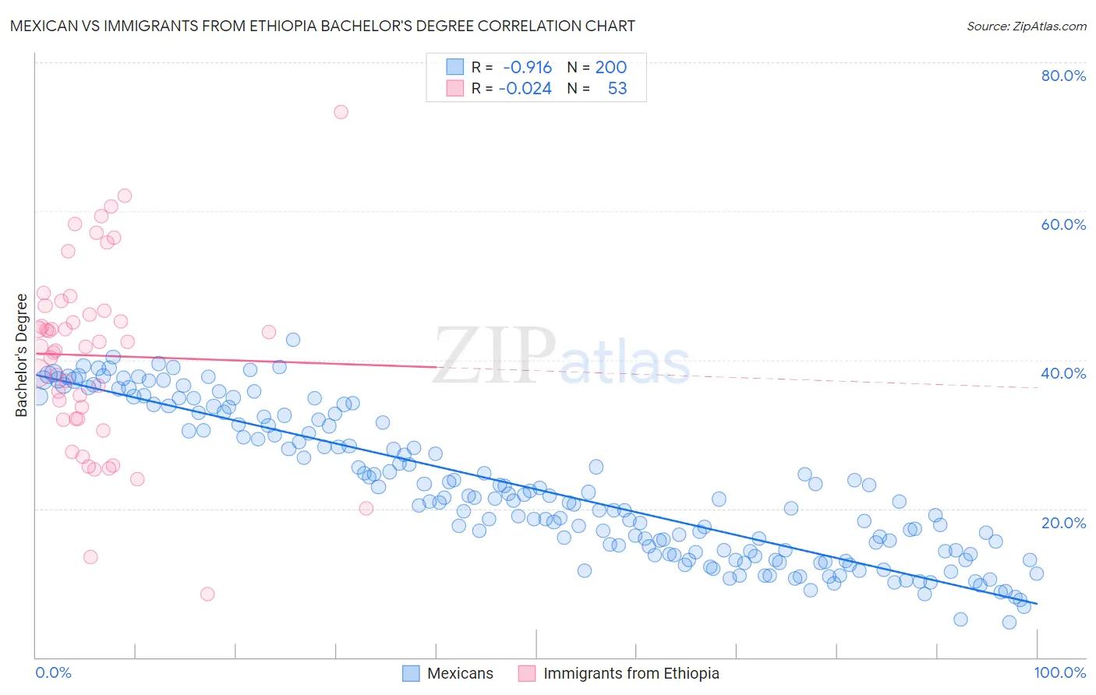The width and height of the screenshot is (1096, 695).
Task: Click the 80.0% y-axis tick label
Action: (1063, 76)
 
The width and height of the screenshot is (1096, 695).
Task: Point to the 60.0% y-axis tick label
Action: (1063, 224)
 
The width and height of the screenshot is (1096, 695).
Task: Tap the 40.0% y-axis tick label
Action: (1063, 373)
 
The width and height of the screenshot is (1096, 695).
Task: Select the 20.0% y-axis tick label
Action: (1063, 522)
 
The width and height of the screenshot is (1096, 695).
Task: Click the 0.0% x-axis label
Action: (54, 672)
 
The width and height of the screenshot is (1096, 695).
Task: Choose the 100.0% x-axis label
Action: (1059, 672)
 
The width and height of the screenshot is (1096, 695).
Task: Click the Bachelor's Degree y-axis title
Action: (22, 355)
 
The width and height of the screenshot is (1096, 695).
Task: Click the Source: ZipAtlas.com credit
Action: (1026, 26)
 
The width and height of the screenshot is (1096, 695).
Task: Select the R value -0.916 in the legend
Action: (528, 68)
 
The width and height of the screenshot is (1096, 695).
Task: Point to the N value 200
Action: (611, 68)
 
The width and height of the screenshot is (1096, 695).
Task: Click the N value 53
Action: (617, 89)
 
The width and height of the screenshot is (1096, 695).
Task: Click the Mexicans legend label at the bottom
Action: (460, 673)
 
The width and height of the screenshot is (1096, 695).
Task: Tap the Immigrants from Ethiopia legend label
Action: (631, 673)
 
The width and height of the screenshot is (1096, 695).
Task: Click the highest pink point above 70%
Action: (341, 111)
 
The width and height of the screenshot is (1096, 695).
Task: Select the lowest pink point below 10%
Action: (207, 594)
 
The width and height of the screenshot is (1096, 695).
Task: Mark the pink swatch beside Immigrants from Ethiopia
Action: (527, 673)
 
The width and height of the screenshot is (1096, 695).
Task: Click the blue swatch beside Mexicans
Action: (411, 673)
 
